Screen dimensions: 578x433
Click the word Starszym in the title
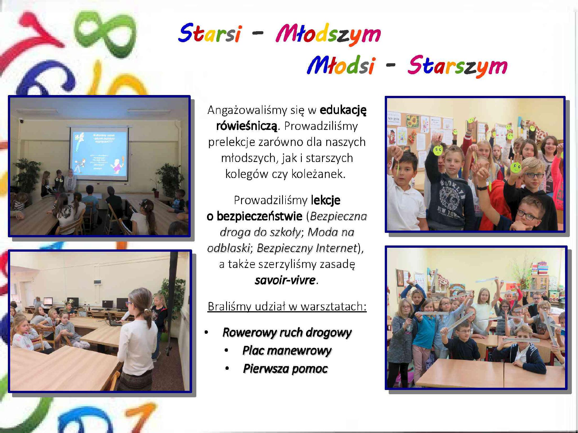coord(458,66)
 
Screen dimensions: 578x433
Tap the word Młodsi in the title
coord(341,65)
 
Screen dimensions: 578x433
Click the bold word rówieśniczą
coord(247,126)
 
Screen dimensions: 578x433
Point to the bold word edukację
coord(343,110)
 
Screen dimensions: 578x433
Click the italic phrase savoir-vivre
coord(285,280)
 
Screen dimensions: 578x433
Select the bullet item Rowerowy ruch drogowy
coord(287,332)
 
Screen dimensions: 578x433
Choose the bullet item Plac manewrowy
coord(287,351)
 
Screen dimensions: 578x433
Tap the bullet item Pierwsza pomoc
coord(285,369)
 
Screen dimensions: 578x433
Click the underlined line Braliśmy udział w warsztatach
coord(287,306)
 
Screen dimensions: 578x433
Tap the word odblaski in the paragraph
coord(228,248)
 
